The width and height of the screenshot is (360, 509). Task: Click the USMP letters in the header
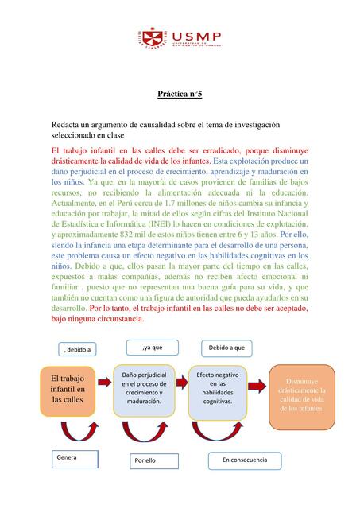(x=196, y=34)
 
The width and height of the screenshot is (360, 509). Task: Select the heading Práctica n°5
(x=180, y=95)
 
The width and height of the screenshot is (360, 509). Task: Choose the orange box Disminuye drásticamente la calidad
(x=301, y=394)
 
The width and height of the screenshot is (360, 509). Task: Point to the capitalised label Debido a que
(x=226, y=348)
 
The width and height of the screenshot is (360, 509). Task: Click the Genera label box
(x=76, y=460)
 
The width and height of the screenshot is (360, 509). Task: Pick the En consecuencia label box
(x=245, y=460)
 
